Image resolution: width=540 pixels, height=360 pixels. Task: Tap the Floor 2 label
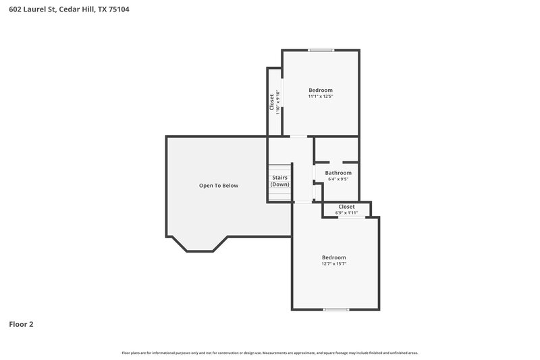click(x=22, y=324)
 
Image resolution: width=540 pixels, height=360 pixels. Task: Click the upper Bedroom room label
click(x=321, y=90)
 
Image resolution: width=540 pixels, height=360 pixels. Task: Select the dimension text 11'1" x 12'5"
click(x=321, y=97)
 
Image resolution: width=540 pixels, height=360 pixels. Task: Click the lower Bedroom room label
click(x=333, y=257)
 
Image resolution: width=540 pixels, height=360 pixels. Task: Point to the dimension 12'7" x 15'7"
click(x=333, y=264)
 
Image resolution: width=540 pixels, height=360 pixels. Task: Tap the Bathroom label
click(x=338, y=173)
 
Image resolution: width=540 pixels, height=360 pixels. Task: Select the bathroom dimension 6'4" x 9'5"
click(x=338, y=180)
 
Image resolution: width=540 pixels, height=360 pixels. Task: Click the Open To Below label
click(x=218, y=186)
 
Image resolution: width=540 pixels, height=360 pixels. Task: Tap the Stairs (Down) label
click(x=280, y=180)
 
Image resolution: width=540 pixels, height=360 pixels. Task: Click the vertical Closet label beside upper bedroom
click(x=271, y=101)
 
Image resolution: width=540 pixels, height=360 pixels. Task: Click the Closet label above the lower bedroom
click(x=346, y=207)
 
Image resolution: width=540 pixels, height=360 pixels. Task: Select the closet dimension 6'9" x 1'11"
click(x=346, y=213)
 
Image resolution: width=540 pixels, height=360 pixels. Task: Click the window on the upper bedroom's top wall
click(x=321, y=50)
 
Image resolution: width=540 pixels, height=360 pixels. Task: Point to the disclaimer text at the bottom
click(x=270, y=353)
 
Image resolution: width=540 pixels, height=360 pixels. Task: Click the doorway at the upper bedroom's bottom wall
click(x=298, y=137)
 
